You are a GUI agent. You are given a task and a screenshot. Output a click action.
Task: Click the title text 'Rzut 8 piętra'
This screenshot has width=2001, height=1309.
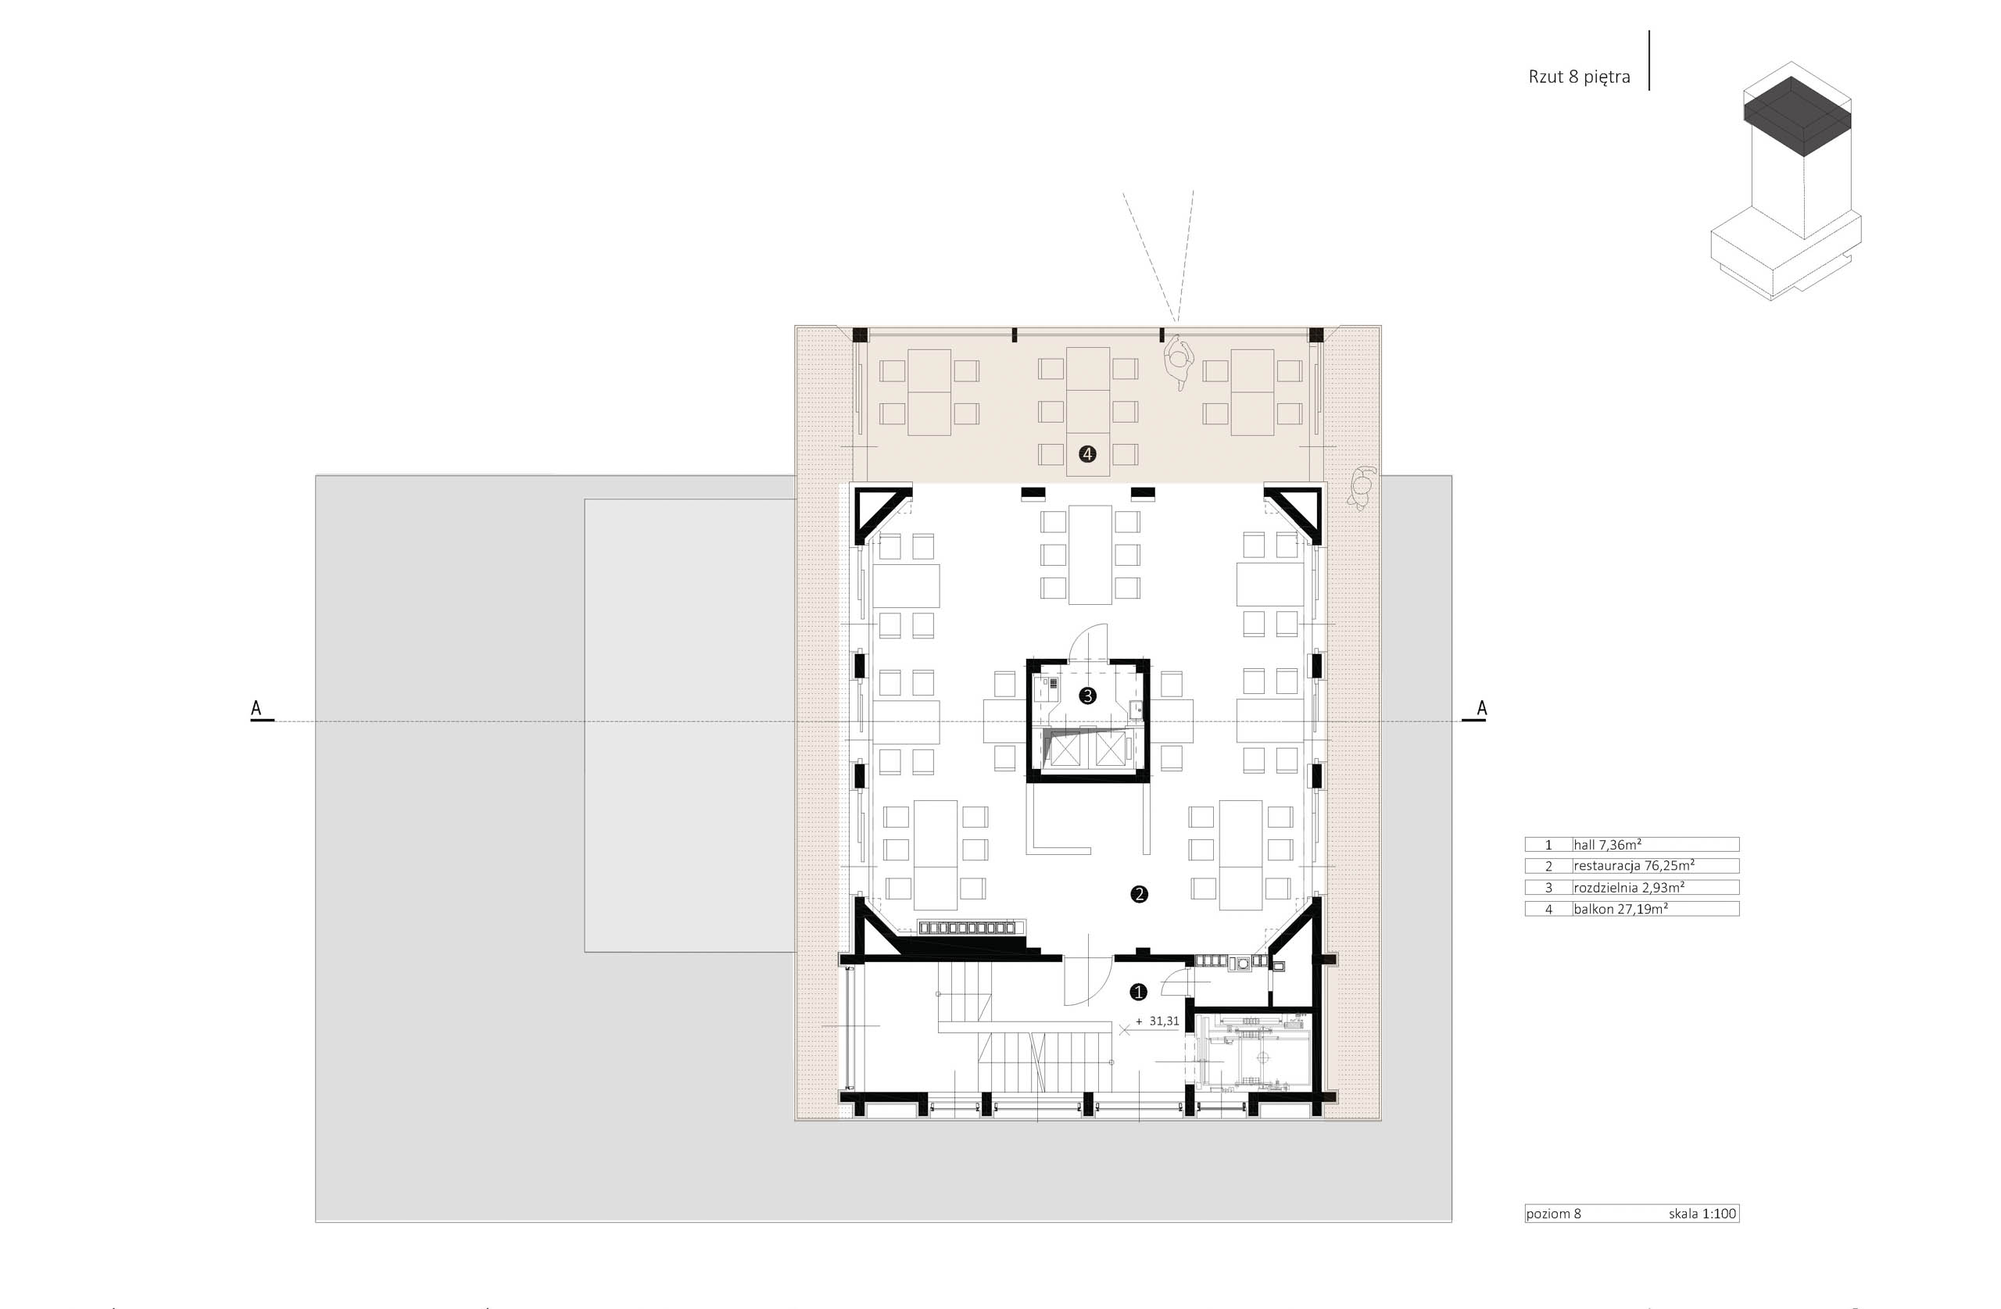click(x=1579, y=77)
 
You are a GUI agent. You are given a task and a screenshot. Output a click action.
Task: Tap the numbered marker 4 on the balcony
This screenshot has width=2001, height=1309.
click(x=1087, y=454)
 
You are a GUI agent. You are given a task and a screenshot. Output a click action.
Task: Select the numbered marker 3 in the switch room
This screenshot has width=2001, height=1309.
click(x=1087, y=696)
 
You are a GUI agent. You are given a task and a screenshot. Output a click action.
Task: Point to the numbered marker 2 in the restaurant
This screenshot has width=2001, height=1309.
click(x=1139, y=894)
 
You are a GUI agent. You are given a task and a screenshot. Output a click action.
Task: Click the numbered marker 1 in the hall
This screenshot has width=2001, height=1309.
click(x=1138, y=992)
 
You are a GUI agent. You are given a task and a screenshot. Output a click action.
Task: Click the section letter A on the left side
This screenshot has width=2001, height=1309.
click(x=256, y=709)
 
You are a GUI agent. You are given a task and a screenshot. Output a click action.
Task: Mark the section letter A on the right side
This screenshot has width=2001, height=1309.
click(x=1481, y=709)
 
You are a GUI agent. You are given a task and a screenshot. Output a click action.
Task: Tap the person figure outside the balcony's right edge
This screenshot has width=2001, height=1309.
click(x=1360, y=488)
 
